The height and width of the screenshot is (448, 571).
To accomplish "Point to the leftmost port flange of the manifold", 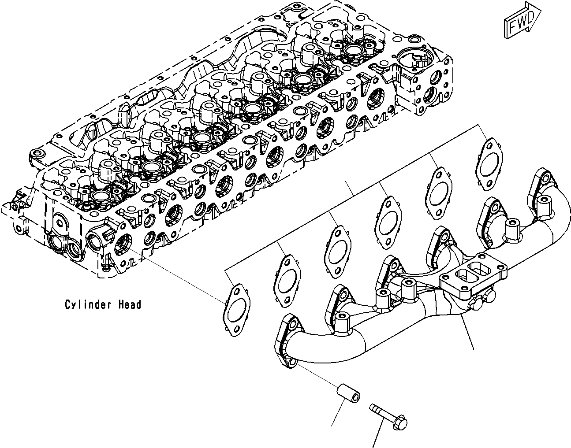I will [x=288, y=339].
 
